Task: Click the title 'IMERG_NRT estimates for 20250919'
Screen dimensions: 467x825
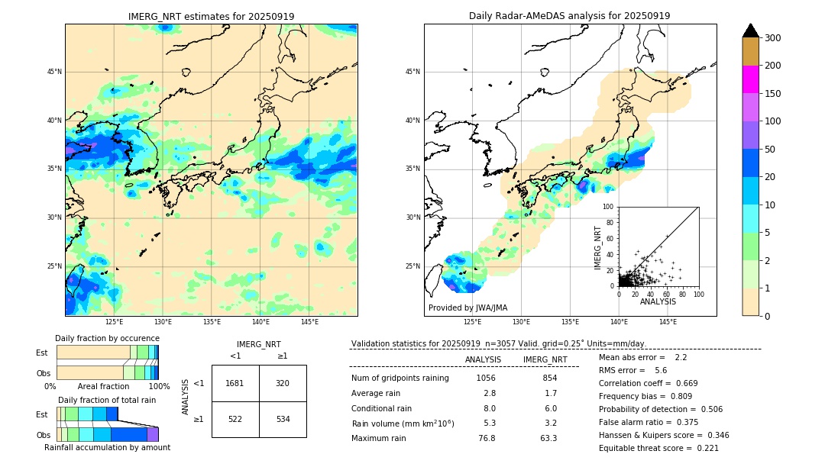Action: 211,16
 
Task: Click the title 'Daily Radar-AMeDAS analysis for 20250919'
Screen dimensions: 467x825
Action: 569,16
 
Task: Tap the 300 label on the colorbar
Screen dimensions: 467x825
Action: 772,38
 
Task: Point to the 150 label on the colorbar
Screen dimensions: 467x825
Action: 772,94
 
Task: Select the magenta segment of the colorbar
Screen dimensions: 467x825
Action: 750,79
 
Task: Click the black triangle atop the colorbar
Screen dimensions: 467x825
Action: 750,31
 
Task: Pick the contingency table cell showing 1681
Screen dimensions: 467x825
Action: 235,383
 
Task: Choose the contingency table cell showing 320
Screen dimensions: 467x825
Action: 283,383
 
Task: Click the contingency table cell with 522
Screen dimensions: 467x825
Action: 235,419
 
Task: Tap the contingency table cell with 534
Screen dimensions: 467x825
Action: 283,419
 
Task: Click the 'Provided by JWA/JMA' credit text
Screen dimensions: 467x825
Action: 467,308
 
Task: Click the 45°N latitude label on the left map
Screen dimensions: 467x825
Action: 54,72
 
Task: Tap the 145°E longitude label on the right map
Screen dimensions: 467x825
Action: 668,322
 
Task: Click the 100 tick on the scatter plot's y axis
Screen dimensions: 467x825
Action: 609,207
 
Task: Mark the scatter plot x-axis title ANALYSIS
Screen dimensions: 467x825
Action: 658,301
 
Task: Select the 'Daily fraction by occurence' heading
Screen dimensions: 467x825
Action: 107,338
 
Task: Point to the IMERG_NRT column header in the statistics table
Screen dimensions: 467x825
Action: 545,359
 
